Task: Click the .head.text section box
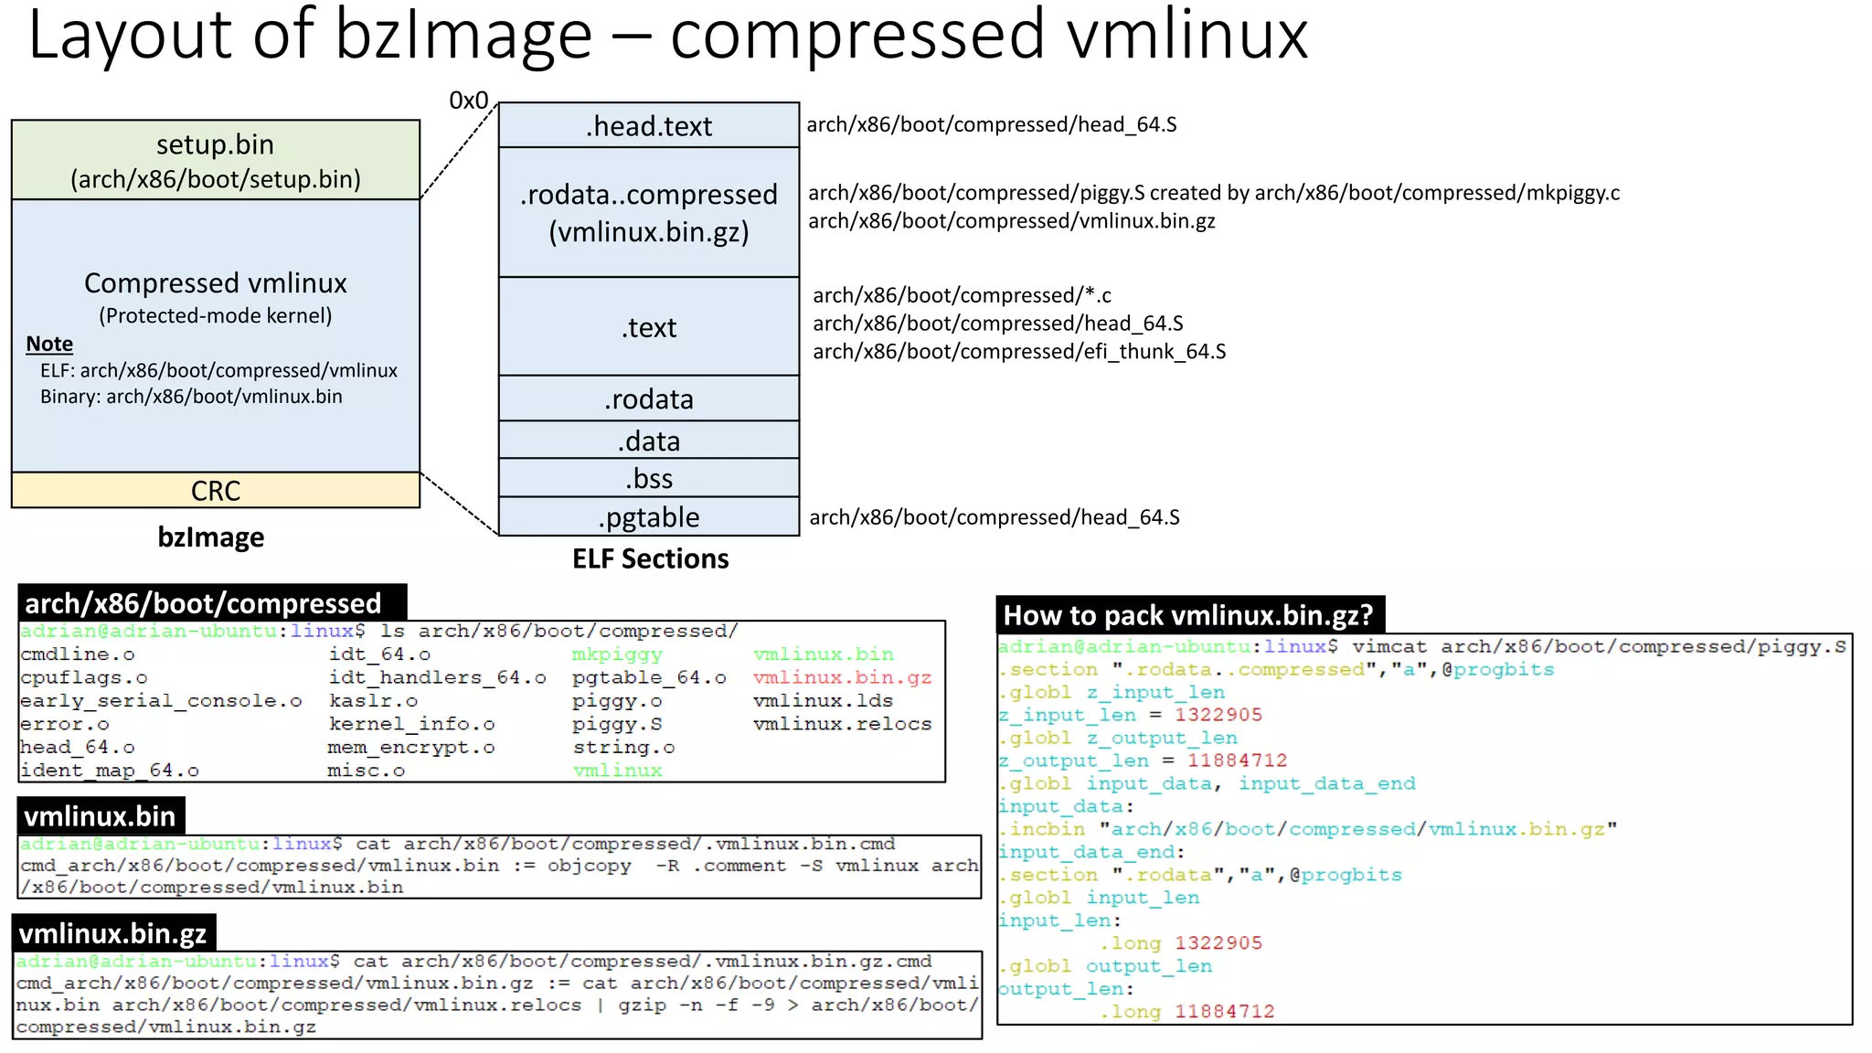(649, 125)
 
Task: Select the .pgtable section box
(649, 516)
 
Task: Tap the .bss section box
(649, 478)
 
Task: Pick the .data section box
(649, 441)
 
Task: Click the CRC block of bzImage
(216, 491)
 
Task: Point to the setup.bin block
(216, 160)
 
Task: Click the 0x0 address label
(469, 101)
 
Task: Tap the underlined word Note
(49, 344)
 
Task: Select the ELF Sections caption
(650, 558)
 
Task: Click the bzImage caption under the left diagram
(211, 537)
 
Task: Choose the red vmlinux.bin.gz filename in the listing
(842, 677)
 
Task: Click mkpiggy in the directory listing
(617, 654)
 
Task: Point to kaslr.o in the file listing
(373, 701)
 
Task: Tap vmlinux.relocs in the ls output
(842, 724)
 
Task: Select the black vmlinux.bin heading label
(100, 816)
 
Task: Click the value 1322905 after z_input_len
(1218, 715)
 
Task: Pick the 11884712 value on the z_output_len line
(1237, 760)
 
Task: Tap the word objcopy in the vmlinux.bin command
(590, 866)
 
